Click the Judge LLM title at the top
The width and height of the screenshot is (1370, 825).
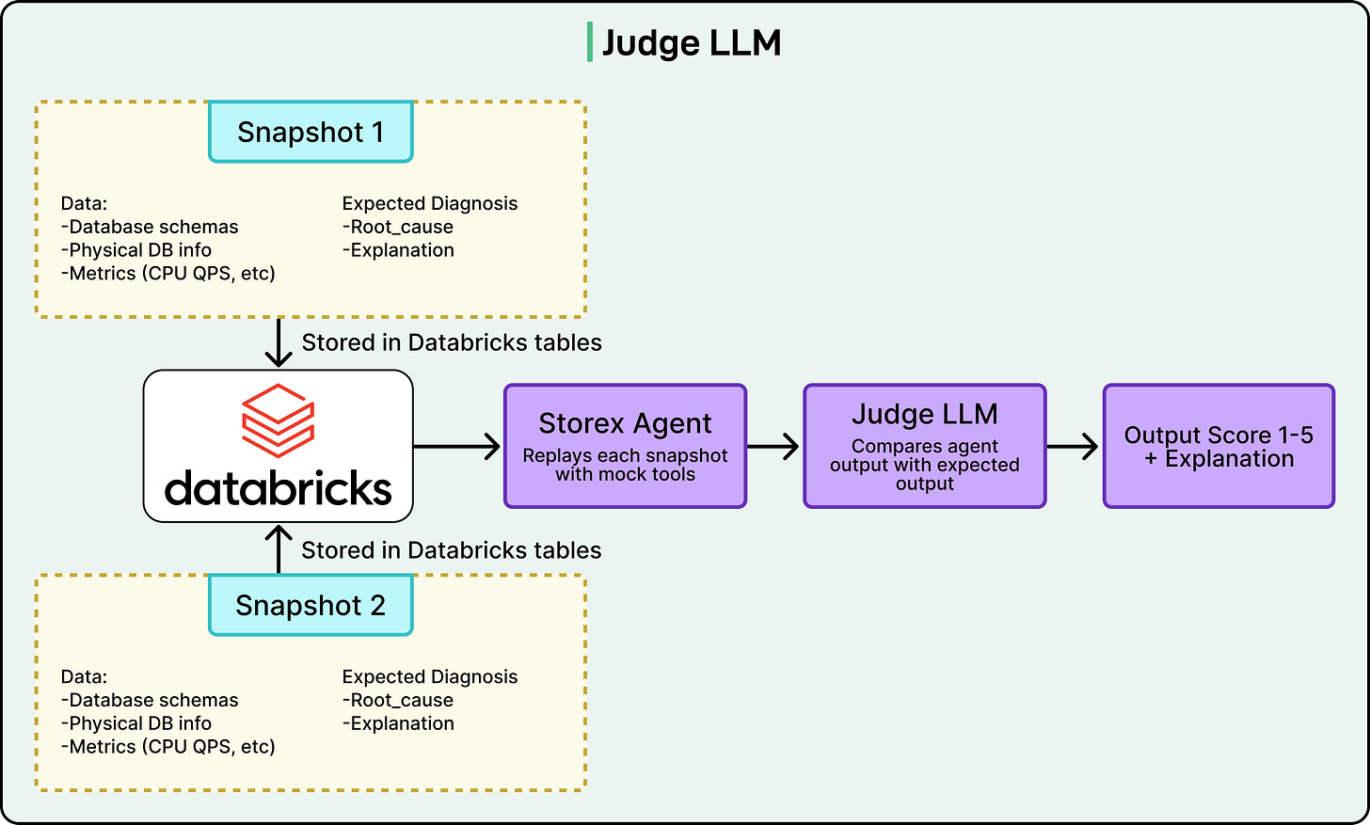coord(692,43)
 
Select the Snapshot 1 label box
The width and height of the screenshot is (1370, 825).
coord(311,132)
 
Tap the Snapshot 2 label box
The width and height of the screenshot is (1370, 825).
coord(311,605)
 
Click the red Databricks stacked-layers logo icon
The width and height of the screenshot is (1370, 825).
coord(279,420)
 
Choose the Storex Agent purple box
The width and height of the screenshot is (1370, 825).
coord(625,446)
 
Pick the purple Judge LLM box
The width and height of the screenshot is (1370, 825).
coord(924,446)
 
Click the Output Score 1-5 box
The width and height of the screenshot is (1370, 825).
coord(1219,446)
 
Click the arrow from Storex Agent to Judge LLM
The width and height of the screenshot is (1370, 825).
coord(774,446)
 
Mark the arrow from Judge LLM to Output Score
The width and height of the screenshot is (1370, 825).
coord(1074,446)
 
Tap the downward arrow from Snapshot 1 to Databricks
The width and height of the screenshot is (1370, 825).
coord(279,343)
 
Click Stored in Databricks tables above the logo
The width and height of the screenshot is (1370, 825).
coord(452,342)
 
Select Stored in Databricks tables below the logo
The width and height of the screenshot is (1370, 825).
coord(452,550)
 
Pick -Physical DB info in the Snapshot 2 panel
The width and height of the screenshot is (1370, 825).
coord(136,723)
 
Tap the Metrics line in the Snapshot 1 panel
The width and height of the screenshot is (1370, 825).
coord(168,274)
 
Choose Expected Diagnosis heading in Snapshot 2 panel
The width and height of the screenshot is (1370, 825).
coord(430,676)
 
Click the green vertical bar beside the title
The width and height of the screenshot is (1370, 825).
coord(590,43)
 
